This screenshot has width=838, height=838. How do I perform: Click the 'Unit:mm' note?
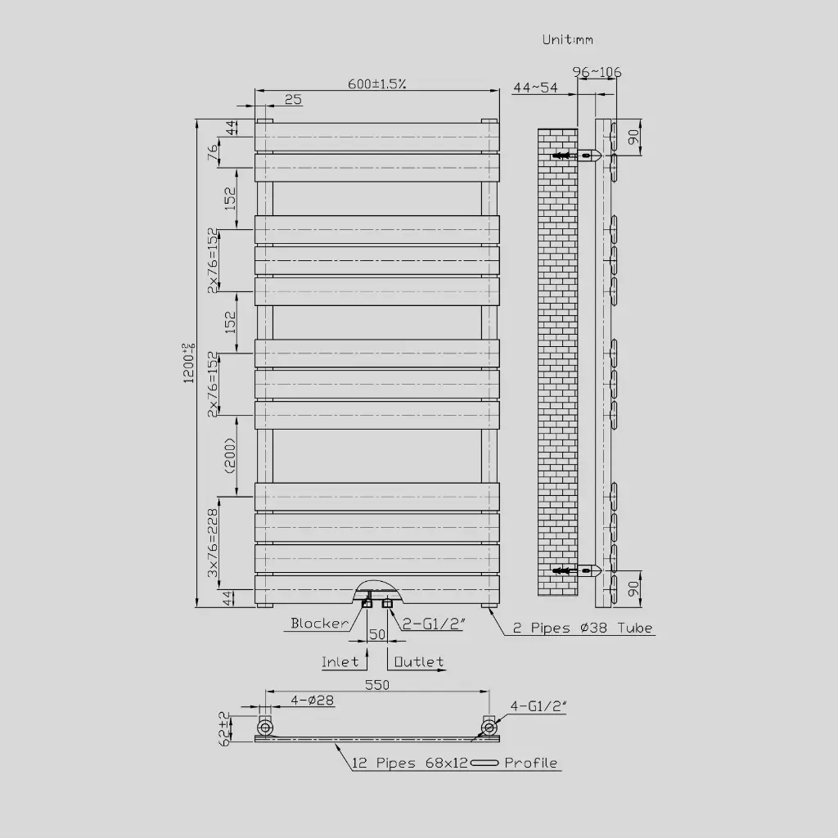click(x=567, y=39)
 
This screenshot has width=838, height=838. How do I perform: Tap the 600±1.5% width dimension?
click(x=378, y=83)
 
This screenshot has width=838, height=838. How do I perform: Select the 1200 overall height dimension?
click(x=189, y=363)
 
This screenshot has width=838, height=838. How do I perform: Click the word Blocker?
click(x=319, y=624)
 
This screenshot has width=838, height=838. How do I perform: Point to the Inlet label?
click(x=340, y=661)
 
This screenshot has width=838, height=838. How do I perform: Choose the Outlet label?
click(x=419, y=661)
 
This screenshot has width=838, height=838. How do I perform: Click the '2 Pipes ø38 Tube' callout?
click(x=583, y=628)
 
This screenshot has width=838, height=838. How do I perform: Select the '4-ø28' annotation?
click(x=312, y=701)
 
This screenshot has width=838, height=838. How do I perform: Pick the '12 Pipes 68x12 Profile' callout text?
click(x=455, y=763)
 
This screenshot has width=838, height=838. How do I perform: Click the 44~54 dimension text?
click(x=535, y=88)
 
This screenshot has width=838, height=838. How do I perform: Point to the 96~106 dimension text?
click(x=597, y=72)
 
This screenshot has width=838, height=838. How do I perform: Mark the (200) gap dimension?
click(x=230, y=456)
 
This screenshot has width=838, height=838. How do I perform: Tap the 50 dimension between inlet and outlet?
click(x=377, y=634)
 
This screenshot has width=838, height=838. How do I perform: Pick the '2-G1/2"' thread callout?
click(x=434, y=624)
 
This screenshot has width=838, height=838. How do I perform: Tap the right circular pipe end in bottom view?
click(x=489, y=727)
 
